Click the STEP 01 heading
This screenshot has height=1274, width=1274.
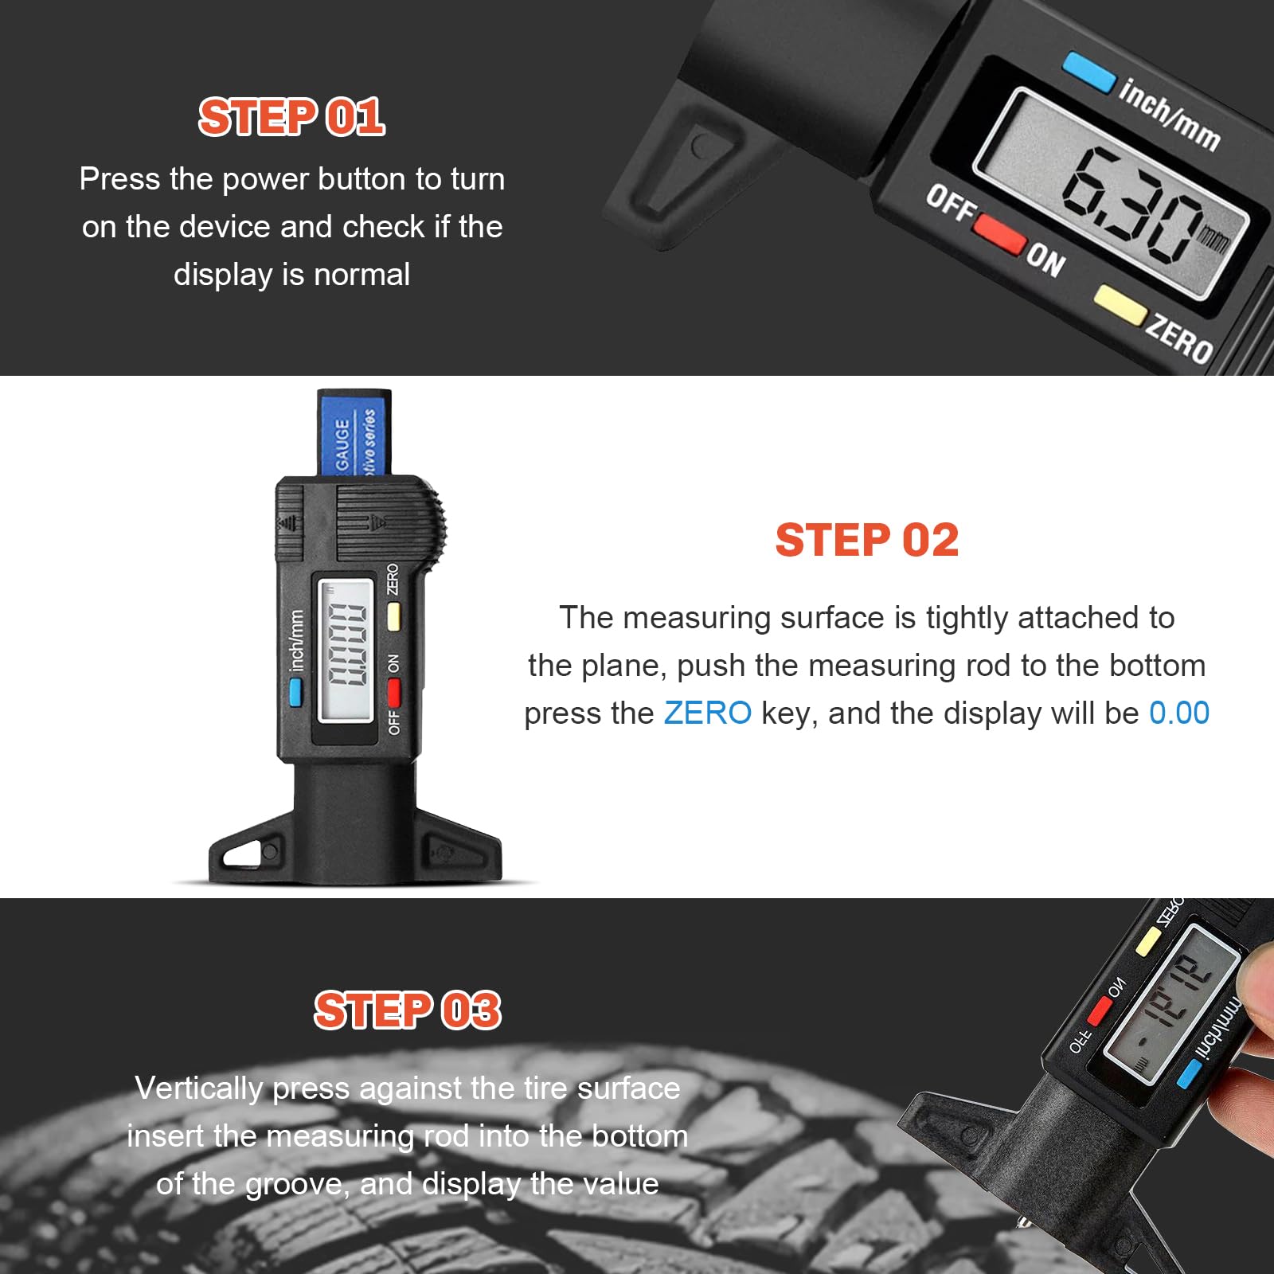(291, 117)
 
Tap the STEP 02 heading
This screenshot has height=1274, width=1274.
(866, 540)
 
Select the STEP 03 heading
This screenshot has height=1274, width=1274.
(407, 1010)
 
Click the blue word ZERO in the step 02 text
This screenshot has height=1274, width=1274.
(707, 713)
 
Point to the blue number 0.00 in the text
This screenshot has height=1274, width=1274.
(1178, 713)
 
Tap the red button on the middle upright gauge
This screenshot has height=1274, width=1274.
(393, 691)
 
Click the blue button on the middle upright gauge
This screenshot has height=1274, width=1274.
(295, 691)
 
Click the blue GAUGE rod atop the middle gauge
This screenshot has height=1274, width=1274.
(354, 434)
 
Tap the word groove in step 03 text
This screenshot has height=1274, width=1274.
(295, 1184)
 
